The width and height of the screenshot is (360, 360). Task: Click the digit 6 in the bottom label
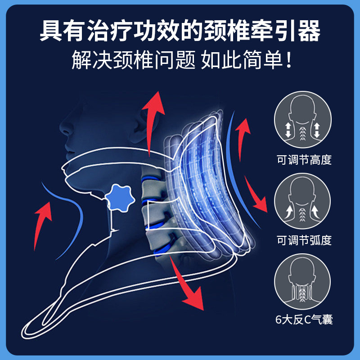pyautogui.click(x=278, y=320)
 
